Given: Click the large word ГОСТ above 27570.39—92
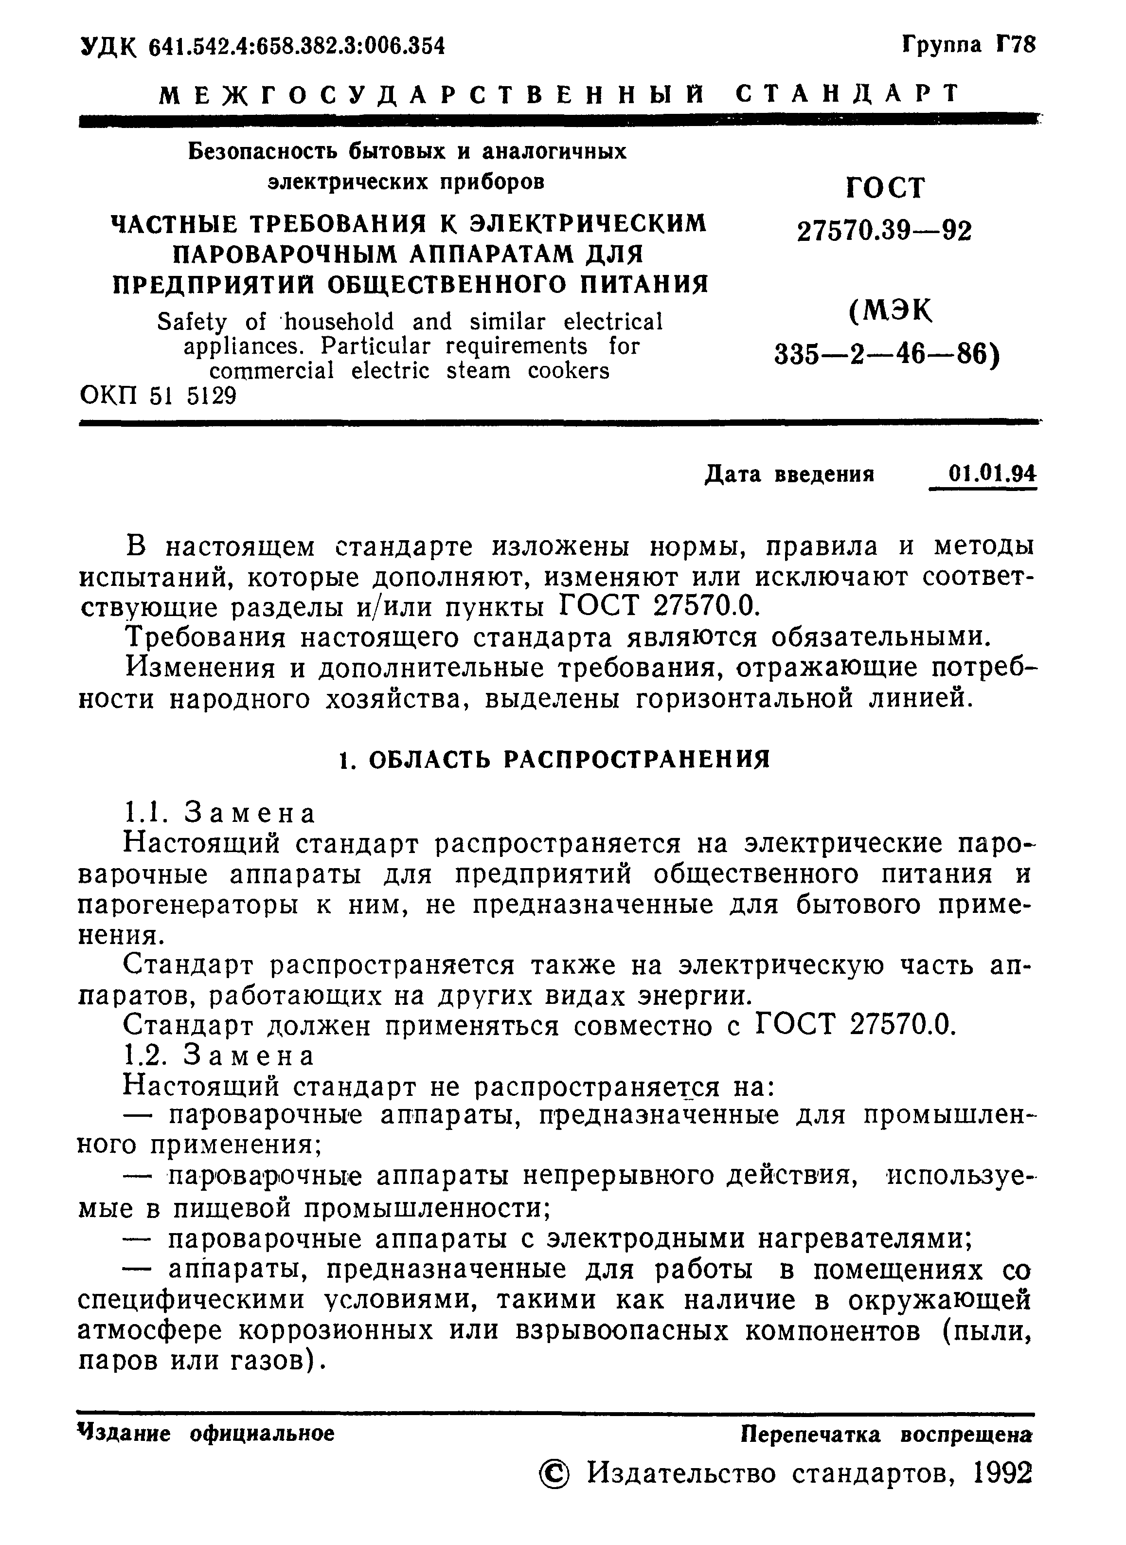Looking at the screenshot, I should [885, 187].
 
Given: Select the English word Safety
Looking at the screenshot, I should [192, 322].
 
